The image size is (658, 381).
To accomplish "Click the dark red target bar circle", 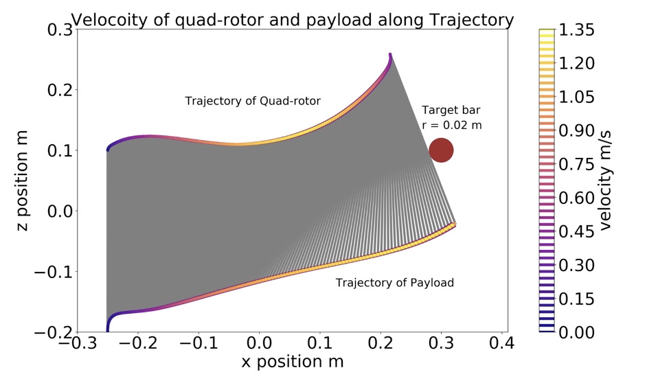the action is [x=441, y=150].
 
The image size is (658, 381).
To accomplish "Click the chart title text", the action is [x=293, y=20].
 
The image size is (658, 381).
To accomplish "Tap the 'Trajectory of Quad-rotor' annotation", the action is [x=253, y=101].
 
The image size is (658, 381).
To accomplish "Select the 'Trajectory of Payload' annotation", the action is [x=394, y=282].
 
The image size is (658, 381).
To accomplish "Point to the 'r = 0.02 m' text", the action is [x=452, y=125].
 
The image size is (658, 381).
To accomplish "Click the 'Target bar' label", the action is [x=451, y=110].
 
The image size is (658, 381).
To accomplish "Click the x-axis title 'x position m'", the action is [x=293, y=361].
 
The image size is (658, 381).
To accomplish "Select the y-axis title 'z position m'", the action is [x=22, y=181].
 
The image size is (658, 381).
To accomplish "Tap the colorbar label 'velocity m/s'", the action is [x=604, y=181].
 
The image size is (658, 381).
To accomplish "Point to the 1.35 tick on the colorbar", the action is [x=576, y=30].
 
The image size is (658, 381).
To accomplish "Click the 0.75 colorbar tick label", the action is [x=576, y=164].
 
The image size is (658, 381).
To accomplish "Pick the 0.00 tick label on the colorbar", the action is [x=576, y=332].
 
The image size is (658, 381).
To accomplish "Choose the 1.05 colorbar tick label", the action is [x=576, y=97].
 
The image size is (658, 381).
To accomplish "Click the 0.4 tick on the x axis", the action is [x=502, y=343].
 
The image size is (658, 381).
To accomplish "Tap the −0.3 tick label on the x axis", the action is [x=78, y=343].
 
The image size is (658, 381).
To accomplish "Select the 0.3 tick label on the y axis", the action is [x=60, y=30].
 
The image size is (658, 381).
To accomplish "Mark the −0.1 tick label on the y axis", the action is [x=54, y=272].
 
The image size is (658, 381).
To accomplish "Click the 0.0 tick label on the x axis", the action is [x=260, y=343].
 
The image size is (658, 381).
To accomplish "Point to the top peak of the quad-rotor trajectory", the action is [x=390, y=54].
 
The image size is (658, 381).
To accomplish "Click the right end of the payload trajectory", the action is [x=455, y=224].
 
